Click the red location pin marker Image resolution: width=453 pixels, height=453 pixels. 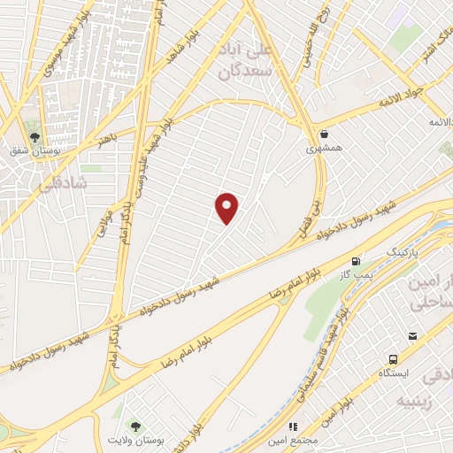[227, 209]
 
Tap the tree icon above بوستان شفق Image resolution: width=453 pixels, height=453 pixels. [35, 137]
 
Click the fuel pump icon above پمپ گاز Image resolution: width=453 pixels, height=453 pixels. [356, 262]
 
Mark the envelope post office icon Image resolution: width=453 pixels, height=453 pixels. [412, 336]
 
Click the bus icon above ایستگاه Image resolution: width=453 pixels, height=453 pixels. [393, 359]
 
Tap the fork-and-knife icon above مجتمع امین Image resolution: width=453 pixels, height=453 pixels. [294, 427]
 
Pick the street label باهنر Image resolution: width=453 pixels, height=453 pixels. [108, 140]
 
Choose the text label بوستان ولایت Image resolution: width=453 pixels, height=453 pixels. [133, 440]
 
